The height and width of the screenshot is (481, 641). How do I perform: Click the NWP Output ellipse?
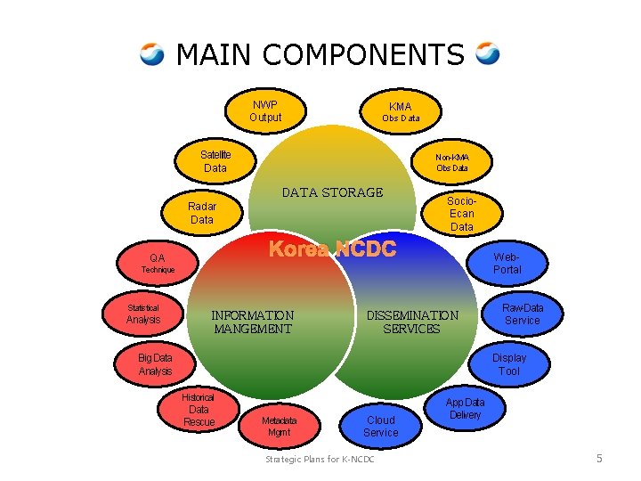click(x=265, y=111)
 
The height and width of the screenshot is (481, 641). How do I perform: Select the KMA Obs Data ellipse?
click(x=400, y=112)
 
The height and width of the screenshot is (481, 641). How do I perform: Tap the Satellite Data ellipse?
click(x=215, y=161)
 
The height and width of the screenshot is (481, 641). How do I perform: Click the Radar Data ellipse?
click(x=203, y=213)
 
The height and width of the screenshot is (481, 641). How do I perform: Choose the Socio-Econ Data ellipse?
click(x=461, y=214)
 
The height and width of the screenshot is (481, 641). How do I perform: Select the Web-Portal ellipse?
click(x=507, y=263)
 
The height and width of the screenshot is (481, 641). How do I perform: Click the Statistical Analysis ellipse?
click(x=143, y=314)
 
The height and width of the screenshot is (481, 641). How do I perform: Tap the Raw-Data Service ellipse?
click(x=522, y=314)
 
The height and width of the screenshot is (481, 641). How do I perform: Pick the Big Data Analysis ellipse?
click(x=156, y=364)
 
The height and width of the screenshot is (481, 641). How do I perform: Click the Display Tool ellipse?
click(x=508, y=364)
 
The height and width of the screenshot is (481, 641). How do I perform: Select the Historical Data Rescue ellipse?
click(x=199, y=409)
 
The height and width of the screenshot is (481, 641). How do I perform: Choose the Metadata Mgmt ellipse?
click(x=279, y=426)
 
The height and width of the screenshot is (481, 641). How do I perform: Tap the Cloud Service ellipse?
click(x=381, y=426)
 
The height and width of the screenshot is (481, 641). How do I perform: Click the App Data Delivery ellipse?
click(x=465, y=409)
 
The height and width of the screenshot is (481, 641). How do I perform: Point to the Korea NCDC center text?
click(x=332, y=249)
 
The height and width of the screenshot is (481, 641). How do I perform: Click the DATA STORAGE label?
click(x=332, y=192)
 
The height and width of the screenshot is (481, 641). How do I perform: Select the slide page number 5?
click(x=599, y=459)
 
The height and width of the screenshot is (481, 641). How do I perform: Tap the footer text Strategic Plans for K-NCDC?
click(x=320, y=459)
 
